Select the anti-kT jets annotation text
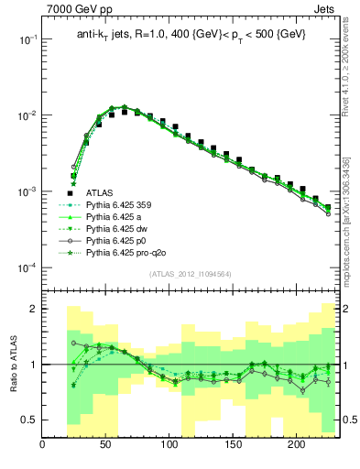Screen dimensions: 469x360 [191, 34]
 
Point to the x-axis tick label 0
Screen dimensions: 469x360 [43, 446]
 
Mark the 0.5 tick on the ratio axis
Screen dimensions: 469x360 [29, 420]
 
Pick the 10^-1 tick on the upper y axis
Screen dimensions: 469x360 [26, 39]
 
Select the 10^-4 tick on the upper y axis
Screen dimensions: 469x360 [26, 267]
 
